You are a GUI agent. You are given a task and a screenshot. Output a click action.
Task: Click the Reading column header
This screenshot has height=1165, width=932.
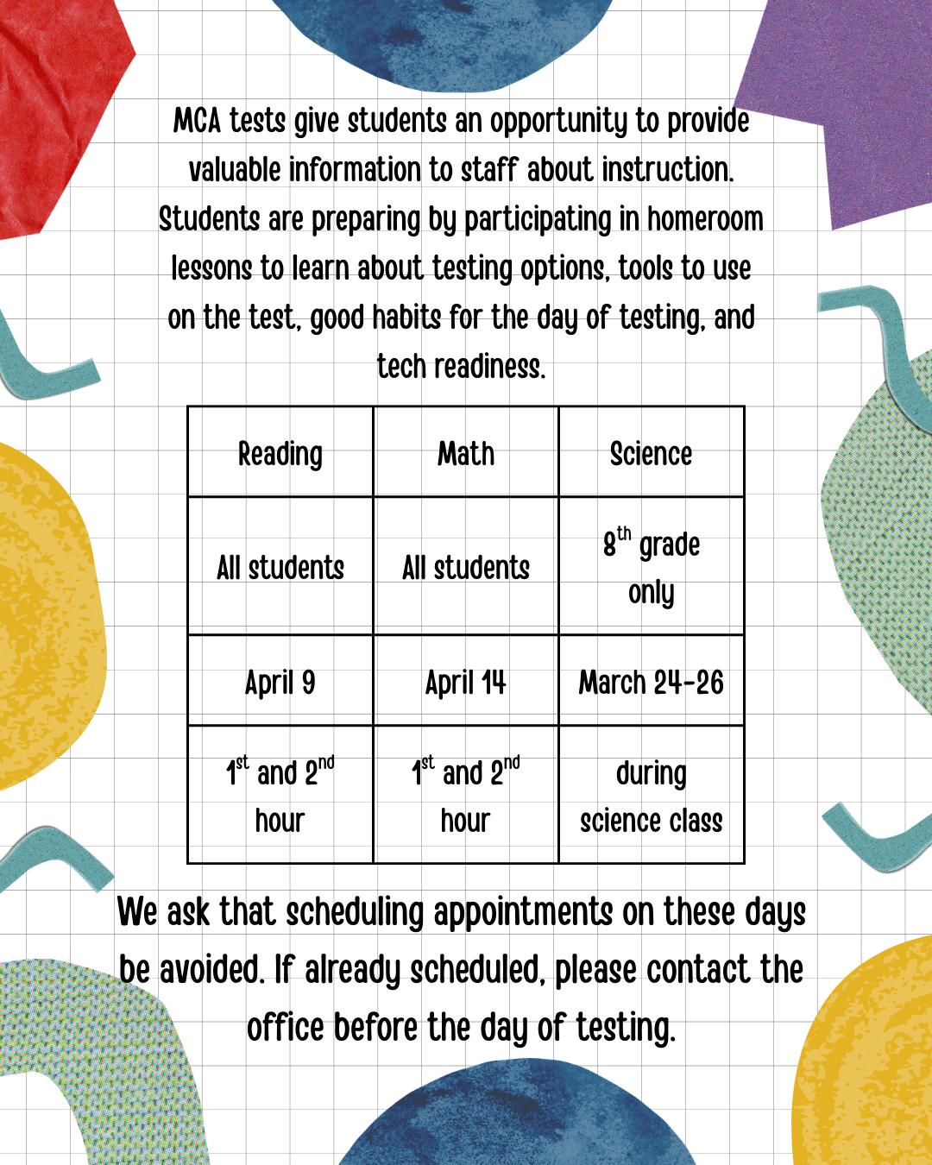(280, 454)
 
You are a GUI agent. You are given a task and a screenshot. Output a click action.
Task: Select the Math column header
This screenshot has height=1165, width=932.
(466, 454)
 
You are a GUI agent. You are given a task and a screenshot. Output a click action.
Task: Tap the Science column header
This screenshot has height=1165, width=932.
(652, 454)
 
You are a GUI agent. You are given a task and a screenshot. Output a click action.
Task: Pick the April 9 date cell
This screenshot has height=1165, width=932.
(280, 683)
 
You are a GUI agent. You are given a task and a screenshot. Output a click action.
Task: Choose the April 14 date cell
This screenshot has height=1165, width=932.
(466, 683)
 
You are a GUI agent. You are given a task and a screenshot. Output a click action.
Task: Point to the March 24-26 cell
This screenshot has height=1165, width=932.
(652, 683)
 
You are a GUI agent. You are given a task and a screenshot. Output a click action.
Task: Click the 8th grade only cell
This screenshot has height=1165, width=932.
(652, 567)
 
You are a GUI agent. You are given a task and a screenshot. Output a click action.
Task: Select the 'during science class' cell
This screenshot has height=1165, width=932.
(652, 797)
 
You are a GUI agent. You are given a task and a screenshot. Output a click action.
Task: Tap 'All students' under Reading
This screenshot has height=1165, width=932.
(280, 568)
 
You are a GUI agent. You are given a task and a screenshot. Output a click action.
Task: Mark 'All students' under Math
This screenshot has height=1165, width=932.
(466, 568)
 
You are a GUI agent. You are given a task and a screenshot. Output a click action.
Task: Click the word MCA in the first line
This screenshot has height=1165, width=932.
(198, 121)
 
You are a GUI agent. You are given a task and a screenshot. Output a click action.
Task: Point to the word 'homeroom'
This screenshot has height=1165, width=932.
(705, 219)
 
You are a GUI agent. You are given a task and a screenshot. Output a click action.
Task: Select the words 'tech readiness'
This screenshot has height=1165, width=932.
(462, 367)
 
